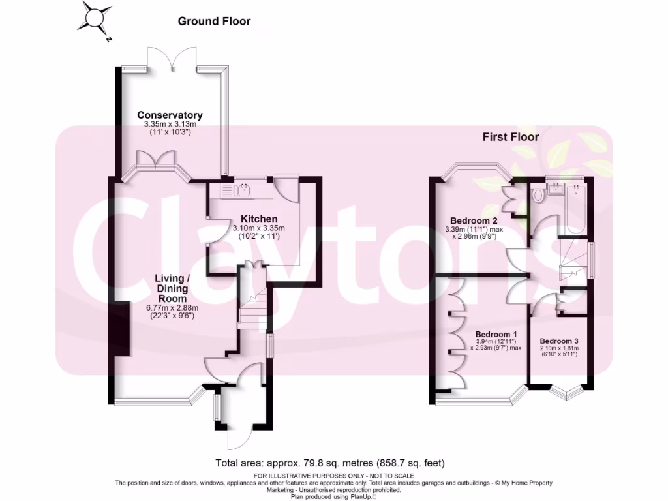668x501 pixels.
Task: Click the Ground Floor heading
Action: (x=214, y=22)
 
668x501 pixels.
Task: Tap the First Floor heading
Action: (x=510, y=137)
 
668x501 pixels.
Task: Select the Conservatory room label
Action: (x=170, y=115)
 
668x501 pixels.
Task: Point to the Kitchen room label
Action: (x=259, y=219)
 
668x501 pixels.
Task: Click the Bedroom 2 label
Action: (x=472, y=220)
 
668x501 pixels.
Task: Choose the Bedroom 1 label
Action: (x=496, y=324)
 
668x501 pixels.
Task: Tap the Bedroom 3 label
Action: (x=559, y=341)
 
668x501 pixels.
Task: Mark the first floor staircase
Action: (x=573, y=261)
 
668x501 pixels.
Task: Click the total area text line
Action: (x=330, y=463)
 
